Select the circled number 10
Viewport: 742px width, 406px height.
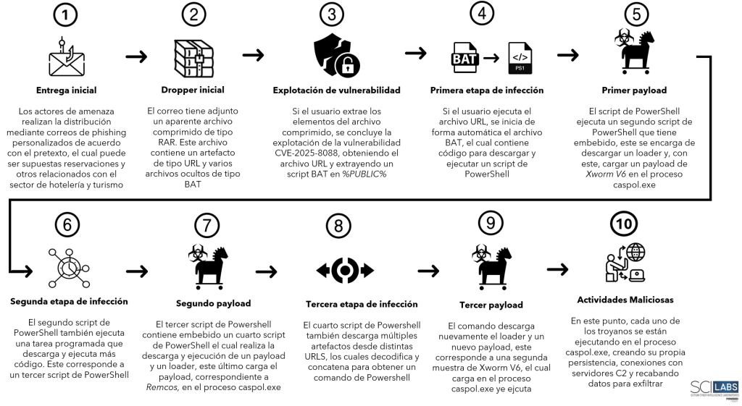624,224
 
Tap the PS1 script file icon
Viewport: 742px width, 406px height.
520,57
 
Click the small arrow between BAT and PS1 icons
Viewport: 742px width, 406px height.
493,57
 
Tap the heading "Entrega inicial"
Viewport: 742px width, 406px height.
66,90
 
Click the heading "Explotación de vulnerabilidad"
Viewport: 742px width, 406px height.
337,90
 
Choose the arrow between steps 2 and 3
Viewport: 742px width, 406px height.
253,54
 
